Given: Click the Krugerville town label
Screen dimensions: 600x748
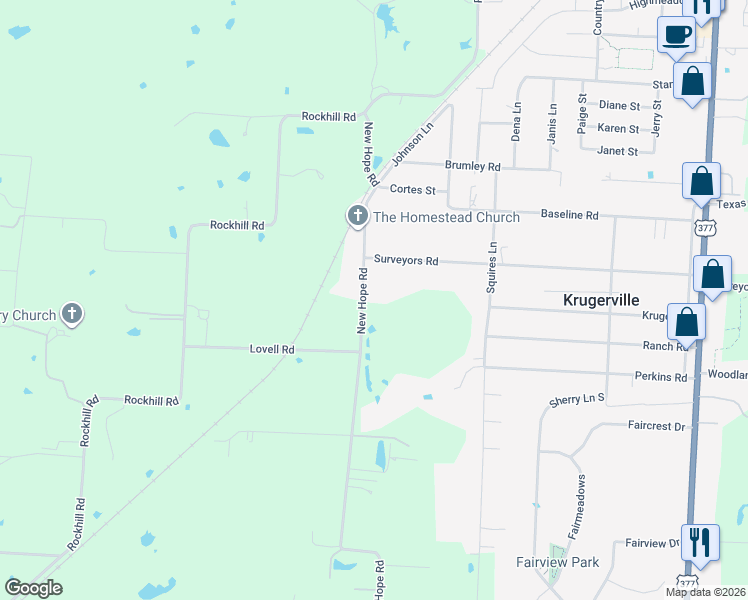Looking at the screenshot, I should [x=600, y=300].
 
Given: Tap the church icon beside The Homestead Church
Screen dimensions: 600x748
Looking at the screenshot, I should [x=358, y=216].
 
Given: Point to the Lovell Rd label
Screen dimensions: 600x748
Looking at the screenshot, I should [x=272, y=349].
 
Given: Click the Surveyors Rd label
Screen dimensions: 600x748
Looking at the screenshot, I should [x=406, y=260].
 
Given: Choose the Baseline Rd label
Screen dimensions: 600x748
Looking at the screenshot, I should [x=569, y=215].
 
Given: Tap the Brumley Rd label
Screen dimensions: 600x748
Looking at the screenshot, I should [x=472, y=166].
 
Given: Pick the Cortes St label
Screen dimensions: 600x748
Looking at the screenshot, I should [x=412, y=189].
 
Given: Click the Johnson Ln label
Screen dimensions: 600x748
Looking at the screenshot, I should [x=412, y=144].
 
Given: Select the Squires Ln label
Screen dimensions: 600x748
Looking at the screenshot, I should [x=491, y=268].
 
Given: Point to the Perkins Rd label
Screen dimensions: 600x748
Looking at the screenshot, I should [x=661, y=377].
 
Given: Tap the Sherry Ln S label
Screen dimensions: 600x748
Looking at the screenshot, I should [x=578, y=400].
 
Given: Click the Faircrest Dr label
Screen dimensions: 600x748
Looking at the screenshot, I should [x=656, y=425].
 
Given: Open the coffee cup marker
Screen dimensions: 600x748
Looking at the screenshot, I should [x=676, y=35].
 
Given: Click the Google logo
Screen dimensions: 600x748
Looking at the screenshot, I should [x=33, y=588].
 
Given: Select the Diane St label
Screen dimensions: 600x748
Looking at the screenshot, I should [x=619, y=105].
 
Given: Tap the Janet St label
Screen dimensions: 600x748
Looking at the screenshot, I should [x=617, y=151].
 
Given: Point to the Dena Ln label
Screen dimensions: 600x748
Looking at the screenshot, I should [x=516, y=121].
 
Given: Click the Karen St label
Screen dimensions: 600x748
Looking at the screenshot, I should [x=618, y=128].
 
